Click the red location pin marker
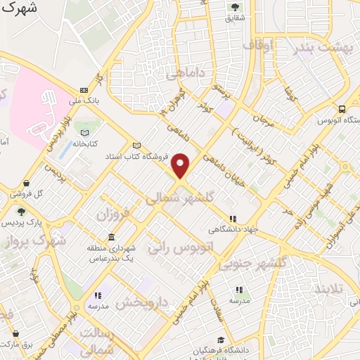(181, 166)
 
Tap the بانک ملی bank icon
(84, 90)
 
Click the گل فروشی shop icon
(26, 183)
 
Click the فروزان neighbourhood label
(114, 212)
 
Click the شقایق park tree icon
(235, 7)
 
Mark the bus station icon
(342, 110)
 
